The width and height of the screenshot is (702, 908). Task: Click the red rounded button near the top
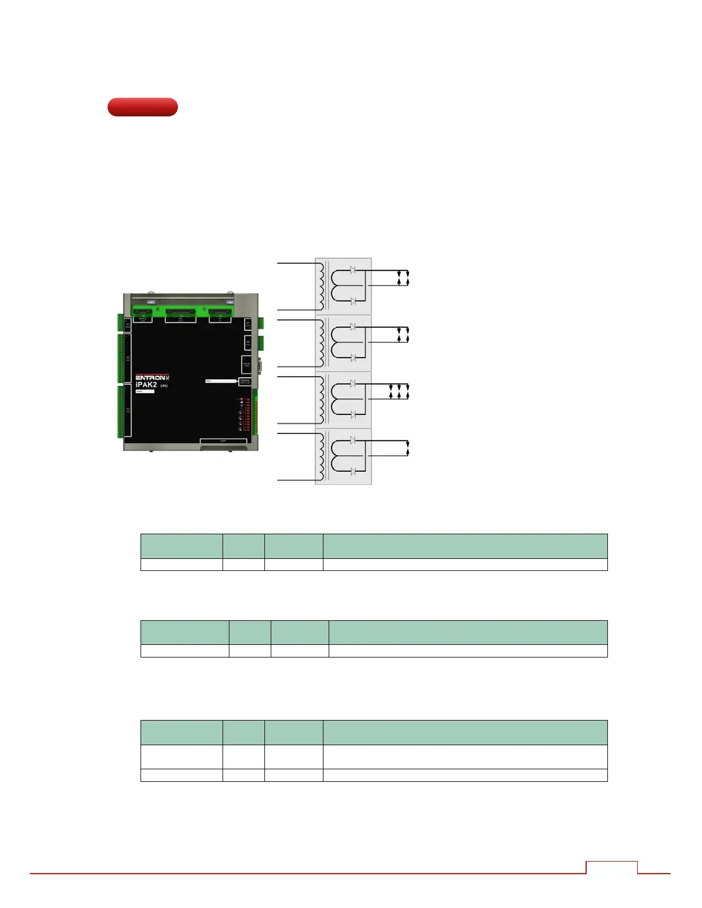(142, 107)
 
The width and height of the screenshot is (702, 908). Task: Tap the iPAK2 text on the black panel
(146, 385)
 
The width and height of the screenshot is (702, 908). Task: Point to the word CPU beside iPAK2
(164, 386)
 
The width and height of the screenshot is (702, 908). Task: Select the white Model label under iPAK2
(145, 392)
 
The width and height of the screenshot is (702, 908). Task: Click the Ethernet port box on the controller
(245, 381)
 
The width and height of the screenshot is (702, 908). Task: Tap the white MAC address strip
(221, 381)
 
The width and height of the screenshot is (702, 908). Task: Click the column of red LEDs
(248, 414)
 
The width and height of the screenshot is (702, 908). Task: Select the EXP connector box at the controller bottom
(223, 441)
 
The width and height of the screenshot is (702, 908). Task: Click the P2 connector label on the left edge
(128, 358)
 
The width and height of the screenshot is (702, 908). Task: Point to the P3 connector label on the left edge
(128, 410)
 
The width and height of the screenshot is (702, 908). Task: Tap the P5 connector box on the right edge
(248, 342)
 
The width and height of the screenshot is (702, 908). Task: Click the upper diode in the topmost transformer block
(353, 269)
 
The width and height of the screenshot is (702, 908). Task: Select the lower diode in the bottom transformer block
(353, 471)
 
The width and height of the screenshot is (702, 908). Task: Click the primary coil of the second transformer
(320, 343)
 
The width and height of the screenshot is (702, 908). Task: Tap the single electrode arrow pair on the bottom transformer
(407, 448)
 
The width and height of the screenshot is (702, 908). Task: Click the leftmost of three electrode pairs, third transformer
(391, 392)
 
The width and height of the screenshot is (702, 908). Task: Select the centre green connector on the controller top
(180, 312)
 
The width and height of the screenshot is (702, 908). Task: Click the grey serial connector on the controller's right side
(260, 365)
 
